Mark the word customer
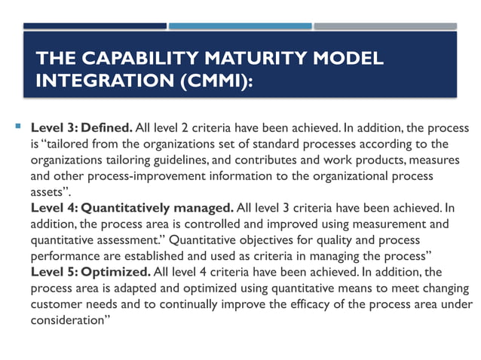[x=56, y=304]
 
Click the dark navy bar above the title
[x=95, y=26]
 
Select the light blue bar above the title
[x=240, y=26]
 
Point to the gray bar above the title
[x=385, y=26]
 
